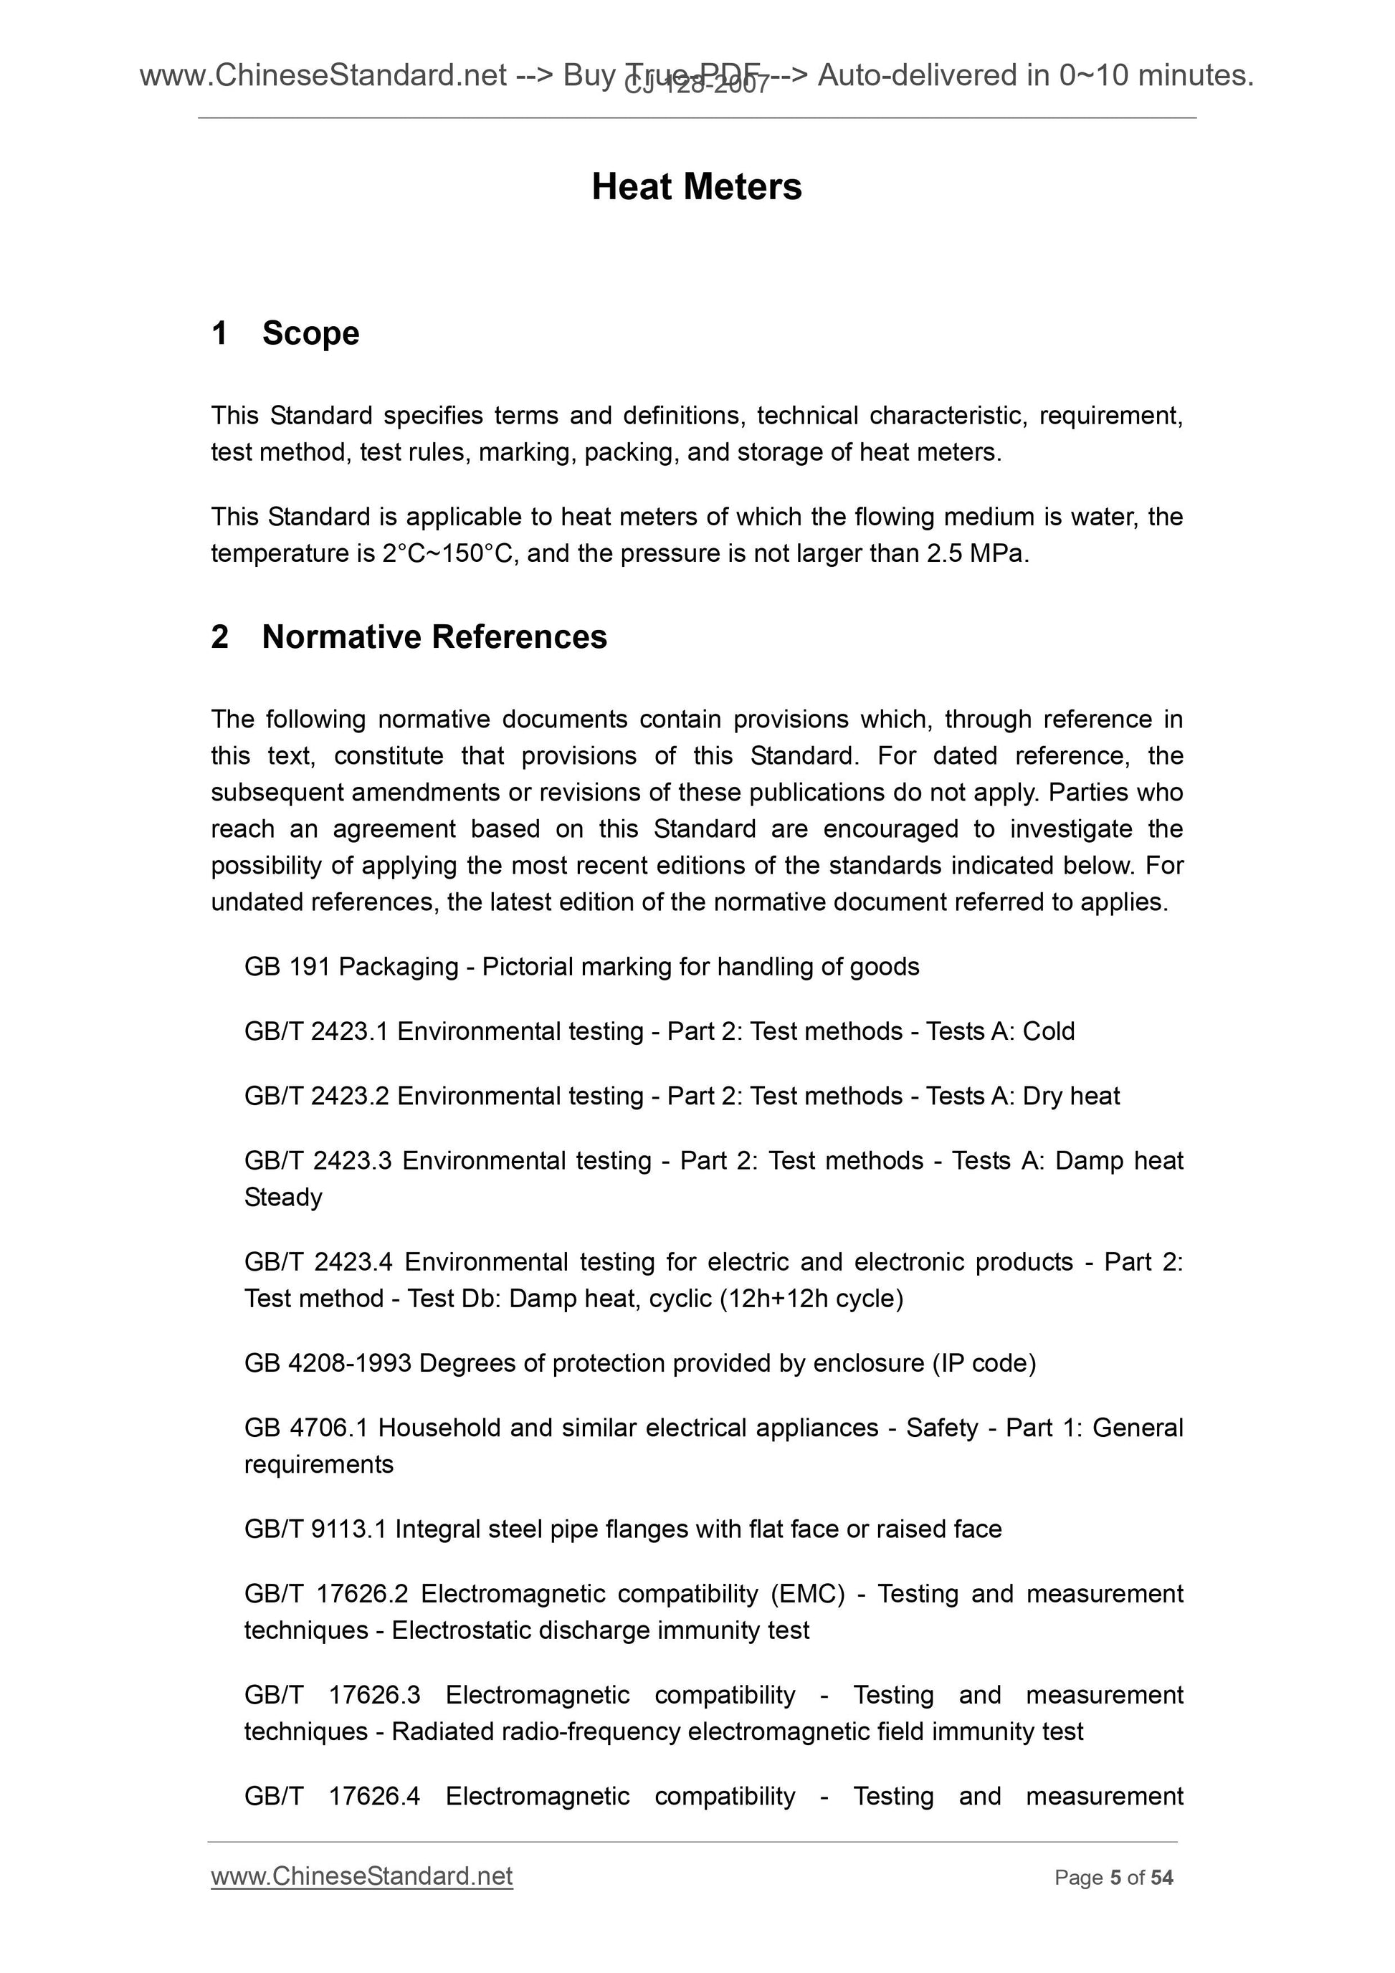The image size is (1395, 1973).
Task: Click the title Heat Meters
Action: (696, 187)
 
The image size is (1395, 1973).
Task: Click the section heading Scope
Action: (310, 333)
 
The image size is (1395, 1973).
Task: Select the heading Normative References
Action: (434, 636)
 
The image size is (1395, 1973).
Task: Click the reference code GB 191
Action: (287, 967)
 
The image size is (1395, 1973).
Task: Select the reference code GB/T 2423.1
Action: (316, 1031)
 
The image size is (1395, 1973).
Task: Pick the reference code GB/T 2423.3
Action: (318, 1161)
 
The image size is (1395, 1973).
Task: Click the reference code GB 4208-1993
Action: (328, 1364)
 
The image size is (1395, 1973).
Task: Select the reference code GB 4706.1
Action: (306, 1428)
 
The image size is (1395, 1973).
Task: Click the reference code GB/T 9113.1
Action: (315, 1529)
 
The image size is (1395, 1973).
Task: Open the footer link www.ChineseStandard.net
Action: (362, 1877)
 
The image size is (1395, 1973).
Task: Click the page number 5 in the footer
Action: (1115, 1878)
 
